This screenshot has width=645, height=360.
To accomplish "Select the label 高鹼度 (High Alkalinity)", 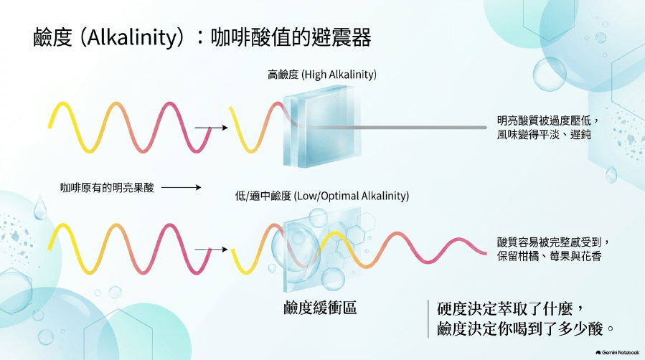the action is [321, 75].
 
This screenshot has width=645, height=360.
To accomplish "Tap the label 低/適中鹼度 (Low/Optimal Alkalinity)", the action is [321, 196].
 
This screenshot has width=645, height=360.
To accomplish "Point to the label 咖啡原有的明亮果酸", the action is [107, 188].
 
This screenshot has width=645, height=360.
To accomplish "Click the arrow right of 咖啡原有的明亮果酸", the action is [181, 187].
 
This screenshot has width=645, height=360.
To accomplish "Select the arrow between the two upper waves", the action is [211, 128].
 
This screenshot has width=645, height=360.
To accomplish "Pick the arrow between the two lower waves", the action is [211, 249].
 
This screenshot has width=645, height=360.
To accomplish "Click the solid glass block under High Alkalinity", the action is [321, 125].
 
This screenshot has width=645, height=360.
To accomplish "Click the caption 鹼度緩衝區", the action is [320, 308].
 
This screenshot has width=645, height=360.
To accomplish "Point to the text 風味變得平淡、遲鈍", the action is [543, 134].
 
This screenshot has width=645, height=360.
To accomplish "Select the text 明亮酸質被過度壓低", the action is [543, 120].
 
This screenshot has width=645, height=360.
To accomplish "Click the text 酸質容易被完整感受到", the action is [549, 242].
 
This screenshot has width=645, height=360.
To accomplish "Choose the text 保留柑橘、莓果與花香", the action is [549, 256].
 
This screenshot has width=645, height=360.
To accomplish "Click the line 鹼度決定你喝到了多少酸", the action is [520, 328].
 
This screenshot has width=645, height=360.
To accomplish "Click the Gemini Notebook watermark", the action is [618, 353].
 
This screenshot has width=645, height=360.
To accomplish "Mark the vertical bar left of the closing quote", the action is [428, 319].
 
